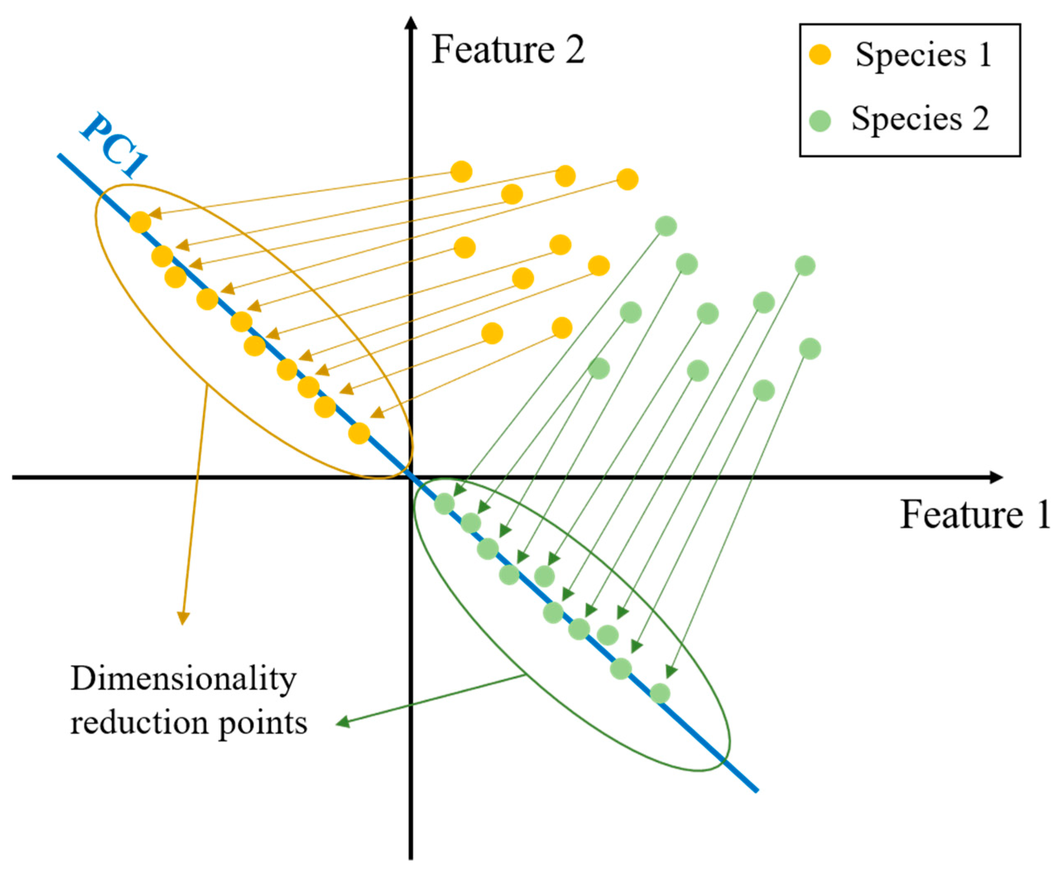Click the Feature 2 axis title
pos(507,50)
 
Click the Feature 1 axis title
pos(975,515)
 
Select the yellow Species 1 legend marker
pos(820,55)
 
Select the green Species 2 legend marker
pos(820,120)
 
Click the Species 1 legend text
pos(923,55)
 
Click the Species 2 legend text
pos(920,120)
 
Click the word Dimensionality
pos(184,680)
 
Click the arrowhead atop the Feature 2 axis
pos(411,23)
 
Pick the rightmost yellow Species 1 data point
pos(627,179)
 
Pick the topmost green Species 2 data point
pos(666,226)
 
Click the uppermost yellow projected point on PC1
pos(140,222)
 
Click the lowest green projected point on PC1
pos(660,693)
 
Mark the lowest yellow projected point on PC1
pos(359,433)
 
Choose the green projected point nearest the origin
pos(444,504)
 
